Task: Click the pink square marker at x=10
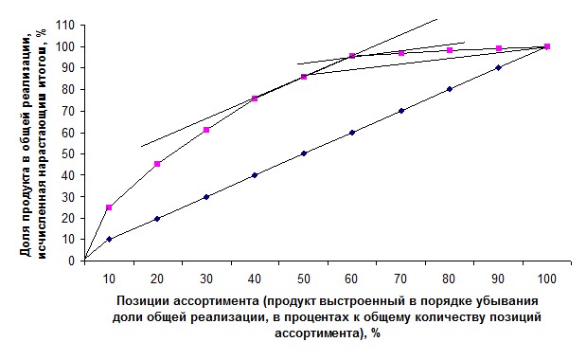109,207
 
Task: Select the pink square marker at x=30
206,130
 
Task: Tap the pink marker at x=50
304,77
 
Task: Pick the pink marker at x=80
450,50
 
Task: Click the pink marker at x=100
547,46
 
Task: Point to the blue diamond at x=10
109,240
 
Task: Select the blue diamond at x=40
255,175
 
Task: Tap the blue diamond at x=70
401,111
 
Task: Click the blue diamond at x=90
498,67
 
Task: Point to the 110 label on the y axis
65,25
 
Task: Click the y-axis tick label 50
68,153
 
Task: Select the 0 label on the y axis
71,261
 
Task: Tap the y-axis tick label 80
68,89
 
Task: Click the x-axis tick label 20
157,279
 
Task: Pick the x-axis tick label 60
351,279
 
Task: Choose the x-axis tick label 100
547,279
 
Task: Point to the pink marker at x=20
157,164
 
